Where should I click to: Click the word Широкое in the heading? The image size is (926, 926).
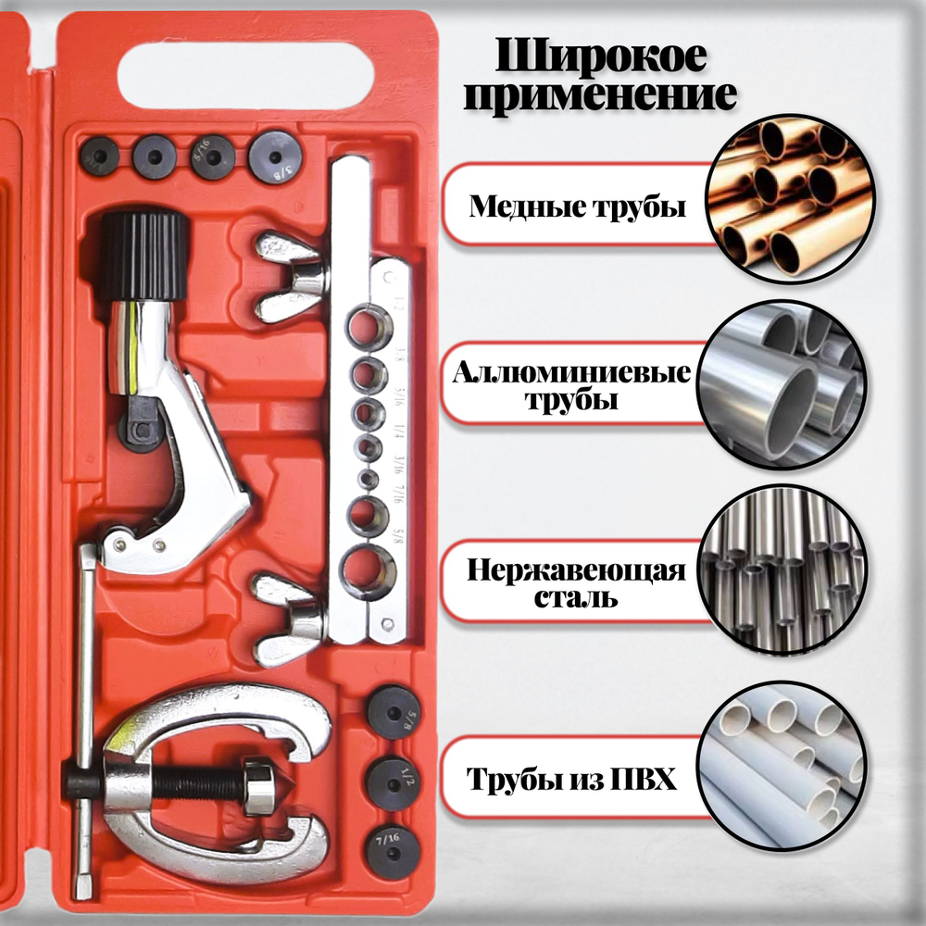point(602,58)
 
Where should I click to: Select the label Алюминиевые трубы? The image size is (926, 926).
point(571,388)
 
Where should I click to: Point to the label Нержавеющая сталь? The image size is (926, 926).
point(576,582)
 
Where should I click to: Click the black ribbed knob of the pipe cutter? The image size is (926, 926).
point(142,251)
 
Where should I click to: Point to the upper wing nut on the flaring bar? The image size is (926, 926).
point(289,275)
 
